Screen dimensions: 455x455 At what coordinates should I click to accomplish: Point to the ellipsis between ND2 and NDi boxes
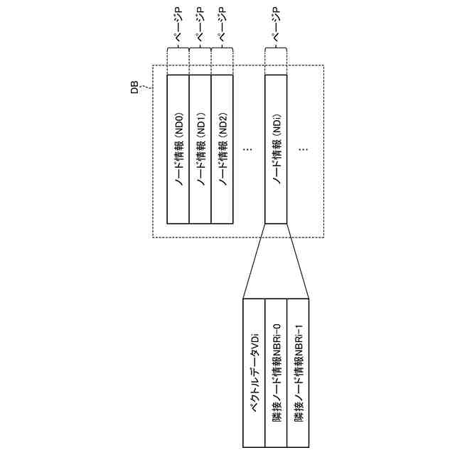[248, 149]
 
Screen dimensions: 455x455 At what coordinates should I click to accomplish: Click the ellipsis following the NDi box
[304, 149]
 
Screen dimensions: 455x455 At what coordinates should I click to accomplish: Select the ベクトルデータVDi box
[254, 373]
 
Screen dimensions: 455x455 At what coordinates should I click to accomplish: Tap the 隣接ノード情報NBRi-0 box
[276, 373]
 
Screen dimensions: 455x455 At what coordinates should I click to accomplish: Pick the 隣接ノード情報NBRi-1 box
[299, 373]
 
